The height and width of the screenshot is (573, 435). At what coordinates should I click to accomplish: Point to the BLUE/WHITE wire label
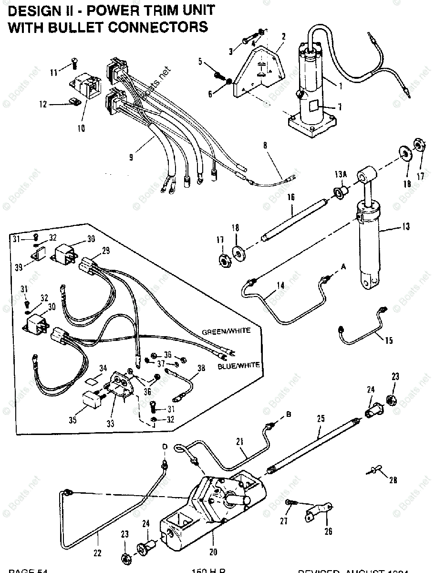[x=238, y=365]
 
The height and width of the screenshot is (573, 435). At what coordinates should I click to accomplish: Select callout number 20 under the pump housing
[x=213, y=552]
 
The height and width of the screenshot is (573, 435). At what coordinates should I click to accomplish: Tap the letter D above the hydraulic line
[x=165, y=446]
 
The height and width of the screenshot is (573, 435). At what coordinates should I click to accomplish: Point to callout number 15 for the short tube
[x=389, y=340]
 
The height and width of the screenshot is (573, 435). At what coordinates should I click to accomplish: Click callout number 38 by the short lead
[x=200, y=368]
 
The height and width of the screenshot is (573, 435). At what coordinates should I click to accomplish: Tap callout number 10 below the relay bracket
[x=80, y=127]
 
